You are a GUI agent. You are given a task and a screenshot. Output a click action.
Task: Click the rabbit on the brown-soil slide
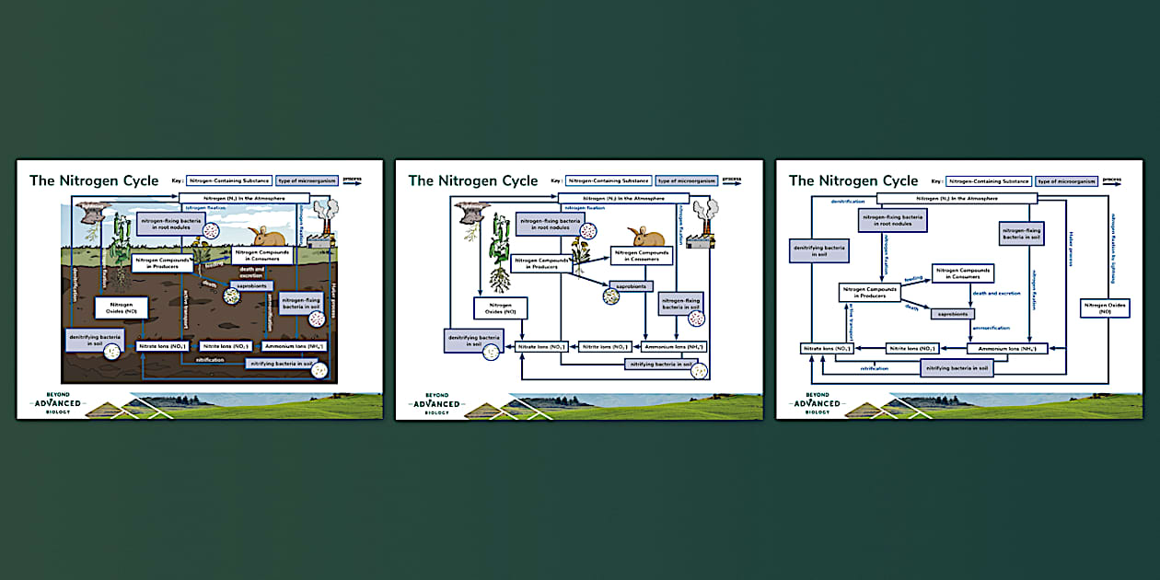tap(261, 236)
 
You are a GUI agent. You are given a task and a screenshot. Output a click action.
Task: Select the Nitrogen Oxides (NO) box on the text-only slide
tap(1105, 308)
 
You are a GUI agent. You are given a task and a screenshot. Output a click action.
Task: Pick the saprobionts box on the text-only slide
tap(952, 314)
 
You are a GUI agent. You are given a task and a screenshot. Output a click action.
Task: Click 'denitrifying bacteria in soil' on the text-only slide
tap(818, 249)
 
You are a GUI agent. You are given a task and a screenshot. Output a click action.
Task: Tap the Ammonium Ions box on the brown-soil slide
tap(293, 346)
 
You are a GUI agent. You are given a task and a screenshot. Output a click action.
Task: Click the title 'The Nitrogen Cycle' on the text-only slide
tap(853, 180)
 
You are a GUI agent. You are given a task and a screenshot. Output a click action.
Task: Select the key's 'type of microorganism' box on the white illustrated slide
tap(683, 180)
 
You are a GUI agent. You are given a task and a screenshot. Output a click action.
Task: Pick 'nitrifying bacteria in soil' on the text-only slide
tap(957, 368)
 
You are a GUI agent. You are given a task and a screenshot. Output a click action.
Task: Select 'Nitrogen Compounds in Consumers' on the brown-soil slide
tap(262, 255)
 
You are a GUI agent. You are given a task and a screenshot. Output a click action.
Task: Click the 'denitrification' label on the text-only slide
tap(848, 201)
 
